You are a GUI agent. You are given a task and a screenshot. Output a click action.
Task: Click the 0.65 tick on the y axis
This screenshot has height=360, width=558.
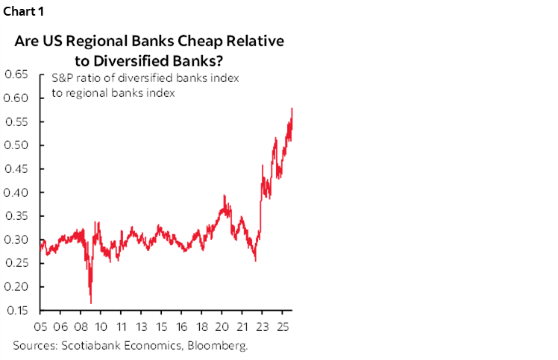[x=17, y=74]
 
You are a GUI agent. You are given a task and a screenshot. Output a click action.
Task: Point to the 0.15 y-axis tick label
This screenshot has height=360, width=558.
[x=17, y=310]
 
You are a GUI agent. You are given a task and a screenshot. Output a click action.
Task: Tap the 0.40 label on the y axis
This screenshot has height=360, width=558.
[x=17, y=192]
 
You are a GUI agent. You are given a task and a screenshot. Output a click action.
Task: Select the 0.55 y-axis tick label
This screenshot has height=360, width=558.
[x=17, y=121]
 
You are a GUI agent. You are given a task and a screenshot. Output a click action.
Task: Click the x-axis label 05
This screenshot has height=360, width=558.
[x=41, y=326]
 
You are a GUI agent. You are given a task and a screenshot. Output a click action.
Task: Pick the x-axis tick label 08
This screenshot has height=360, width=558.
[x=81, y=326]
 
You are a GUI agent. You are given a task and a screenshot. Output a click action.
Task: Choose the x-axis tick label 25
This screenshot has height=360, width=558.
[x=283, y=326]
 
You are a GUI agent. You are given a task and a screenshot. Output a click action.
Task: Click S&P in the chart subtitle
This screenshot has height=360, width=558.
[x=62, y=79]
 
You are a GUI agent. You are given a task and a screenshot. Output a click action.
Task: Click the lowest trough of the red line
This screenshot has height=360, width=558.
[x=91, y=303]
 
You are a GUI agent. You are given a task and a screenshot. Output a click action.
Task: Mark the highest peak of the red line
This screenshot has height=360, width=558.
[x=291, y=108]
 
